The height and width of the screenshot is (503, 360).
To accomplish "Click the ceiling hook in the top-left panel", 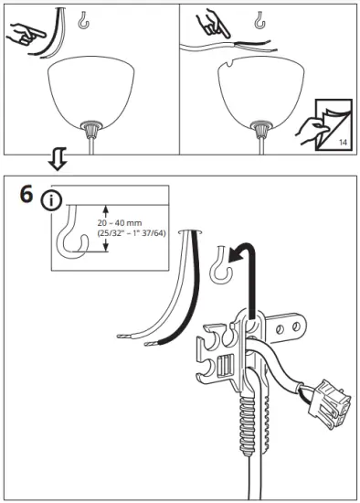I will [85, 19].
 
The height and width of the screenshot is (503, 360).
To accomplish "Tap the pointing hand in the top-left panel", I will [26, 36].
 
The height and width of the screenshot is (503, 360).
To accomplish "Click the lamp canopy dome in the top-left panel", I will [92, 91].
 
